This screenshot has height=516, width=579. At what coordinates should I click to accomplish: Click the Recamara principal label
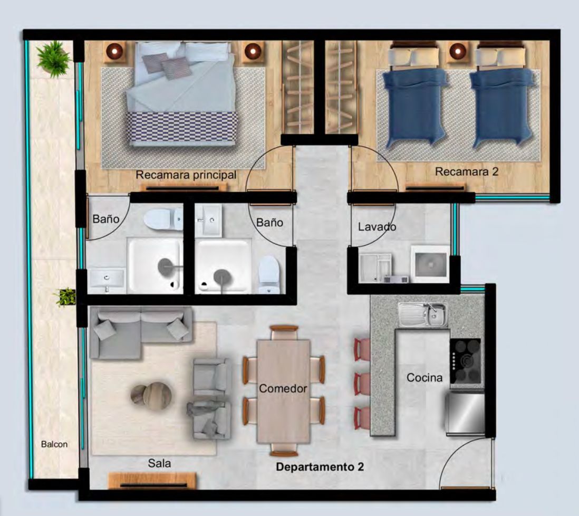[x=186, y=175]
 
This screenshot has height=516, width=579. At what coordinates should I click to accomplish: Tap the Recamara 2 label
[x=467, y=171]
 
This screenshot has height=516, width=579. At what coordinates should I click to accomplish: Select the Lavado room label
[x=377, y=226]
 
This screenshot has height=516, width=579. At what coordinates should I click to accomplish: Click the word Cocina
[x=424, y=377]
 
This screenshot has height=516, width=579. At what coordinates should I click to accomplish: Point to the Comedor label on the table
[x=283, y=388]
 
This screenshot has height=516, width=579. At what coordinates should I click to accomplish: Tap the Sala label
[x=159, y=463]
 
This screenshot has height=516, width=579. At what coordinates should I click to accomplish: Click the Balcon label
[x=54, y=444]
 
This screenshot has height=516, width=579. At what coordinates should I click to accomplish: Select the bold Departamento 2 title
[x=320, y=467]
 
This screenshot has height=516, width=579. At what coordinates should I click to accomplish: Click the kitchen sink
[x=422, y=315]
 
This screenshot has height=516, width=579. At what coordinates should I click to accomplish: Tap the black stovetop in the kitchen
[x=465, y=361]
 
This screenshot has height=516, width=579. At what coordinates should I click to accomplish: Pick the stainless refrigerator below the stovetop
[x=465, y=413]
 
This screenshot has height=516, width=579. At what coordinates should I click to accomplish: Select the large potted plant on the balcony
[x=54, y=59]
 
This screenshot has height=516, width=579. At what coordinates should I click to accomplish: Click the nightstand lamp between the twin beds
[x=458, y=50]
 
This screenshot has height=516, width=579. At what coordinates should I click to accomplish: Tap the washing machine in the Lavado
[x=430, y=264]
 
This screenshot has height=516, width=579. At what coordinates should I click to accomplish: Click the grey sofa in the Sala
[x=141, y=331]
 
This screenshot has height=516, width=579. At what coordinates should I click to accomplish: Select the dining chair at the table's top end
[x=284, y=332]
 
